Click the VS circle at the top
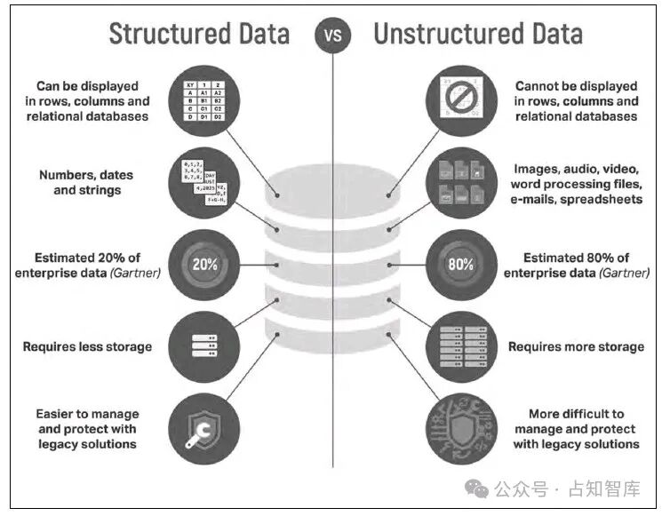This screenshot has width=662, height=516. tap(332, 36)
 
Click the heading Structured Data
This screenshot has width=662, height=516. tap(199, 34)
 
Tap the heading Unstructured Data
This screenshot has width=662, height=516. tap(478, 34)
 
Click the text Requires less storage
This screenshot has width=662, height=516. tap(88, 346)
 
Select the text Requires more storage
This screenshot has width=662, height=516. tap(576, 346)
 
